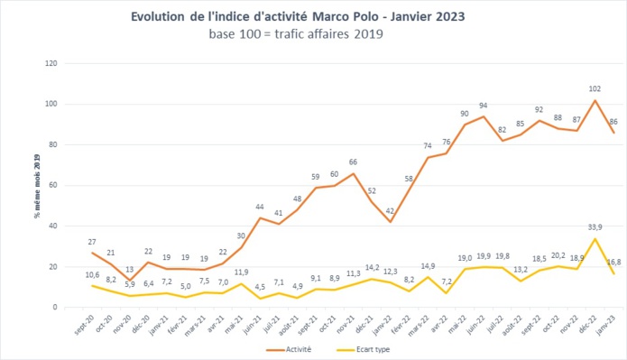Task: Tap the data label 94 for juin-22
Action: (483, 106)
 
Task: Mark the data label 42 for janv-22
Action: (390, 211)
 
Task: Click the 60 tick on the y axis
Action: (53, 186)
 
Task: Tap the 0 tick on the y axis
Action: (56, 308)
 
